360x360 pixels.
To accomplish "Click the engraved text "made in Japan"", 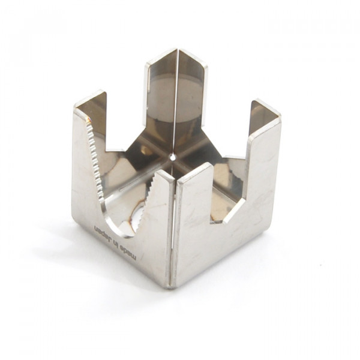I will pyautogui.click(x=116, y=242).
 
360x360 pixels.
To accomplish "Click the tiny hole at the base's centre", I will pyautogui.click(x=173, y=157).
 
